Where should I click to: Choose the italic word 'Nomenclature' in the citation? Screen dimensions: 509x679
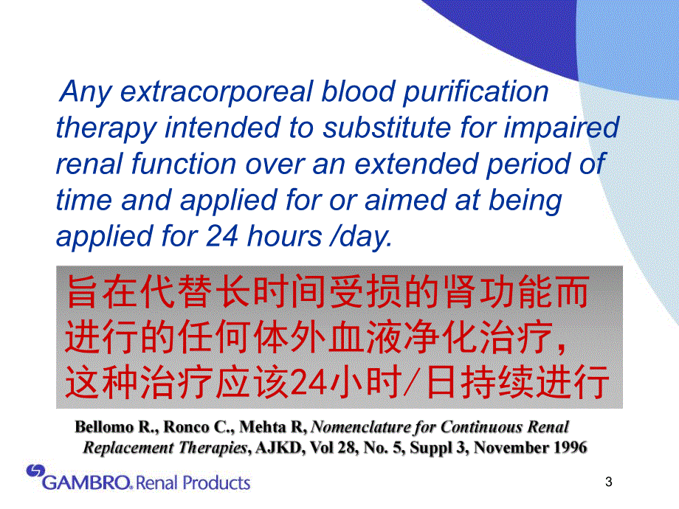pos(358,427)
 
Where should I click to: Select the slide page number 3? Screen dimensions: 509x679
pos(609,483)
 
